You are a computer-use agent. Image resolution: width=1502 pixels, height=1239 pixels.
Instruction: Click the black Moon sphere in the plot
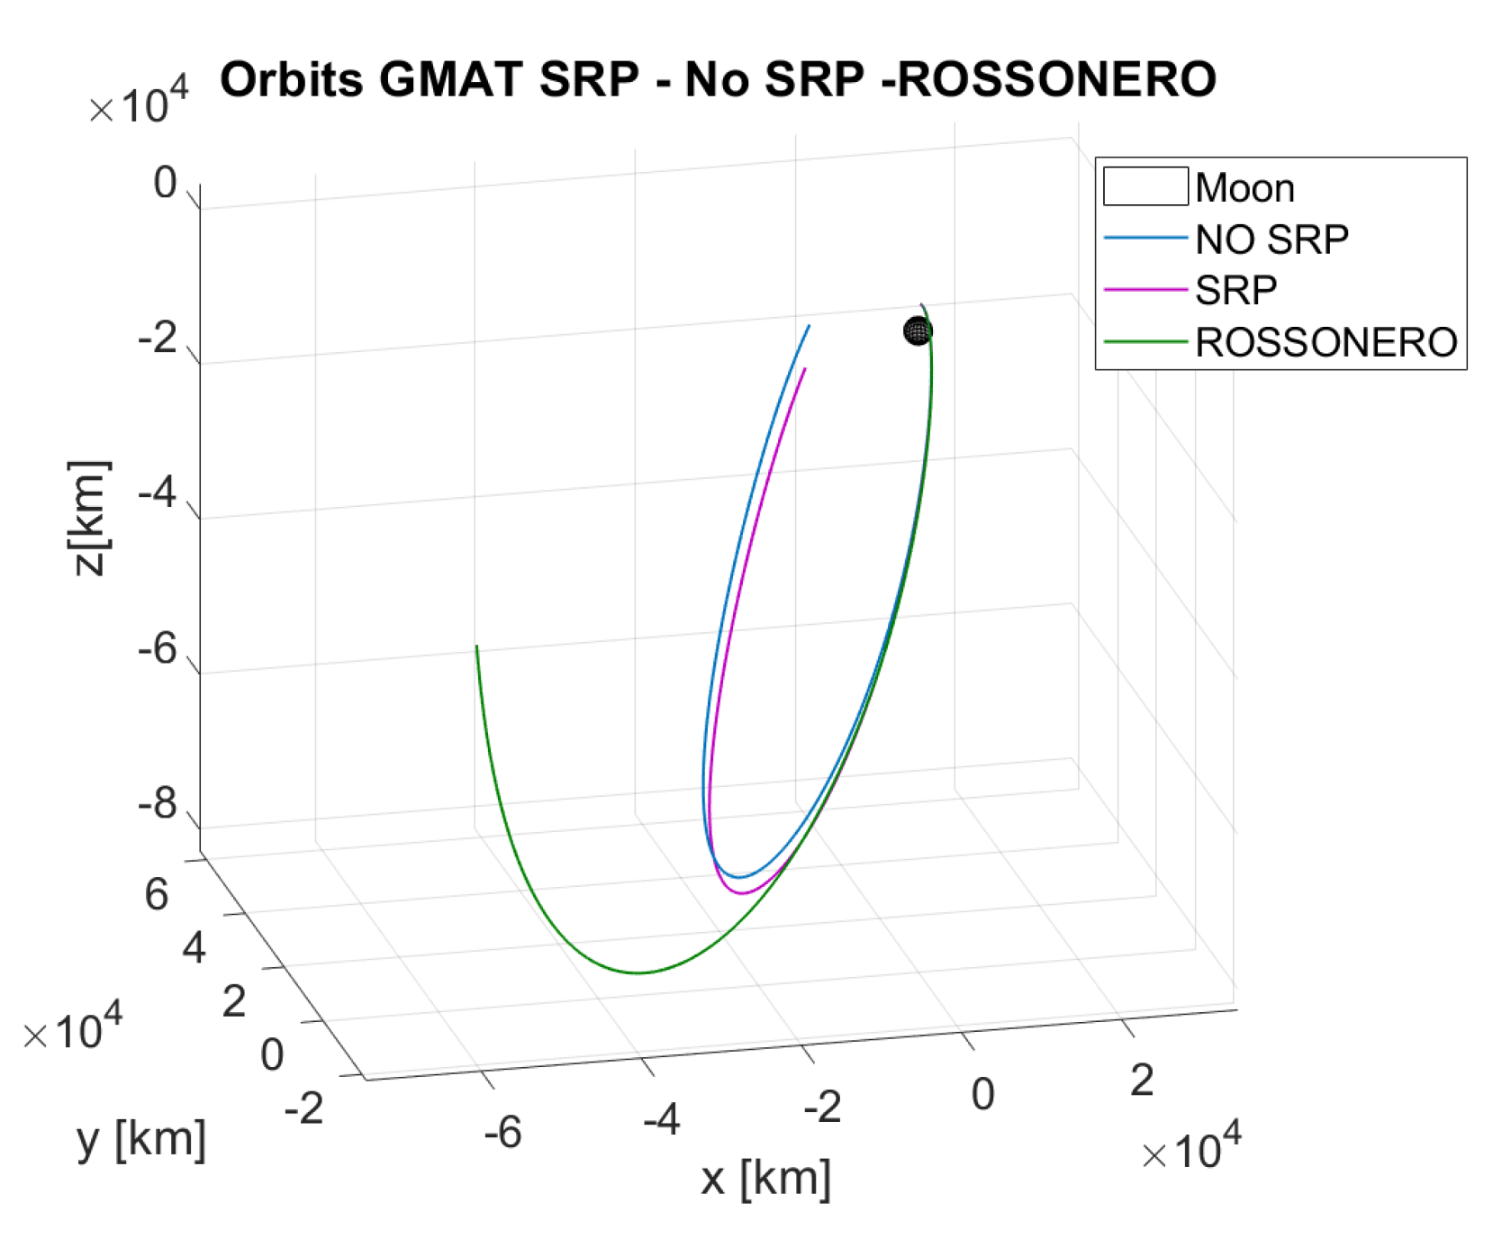point(917,331)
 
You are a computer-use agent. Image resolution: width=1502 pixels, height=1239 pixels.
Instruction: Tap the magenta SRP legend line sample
point(1145,290)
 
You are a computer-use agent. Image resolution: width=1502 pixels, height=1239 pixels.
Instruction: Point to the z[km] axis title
point(89,518)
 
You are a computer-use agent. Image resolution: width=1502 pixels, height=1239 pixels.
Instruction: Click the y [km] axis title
point(141,1139)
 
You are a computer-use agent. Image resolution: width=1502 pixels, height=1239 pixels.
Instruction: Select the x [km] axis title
point(765,1178)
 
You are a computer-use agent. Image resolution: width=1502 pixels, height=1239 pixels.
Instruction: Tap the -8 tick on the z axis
point(158,803)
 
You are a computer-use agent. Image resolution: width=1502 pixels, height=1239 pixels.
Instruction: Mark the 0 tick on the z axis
point(165,183)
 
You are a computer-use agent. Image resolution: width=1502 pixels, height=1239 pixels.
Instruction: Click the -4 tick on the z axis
point(158,493)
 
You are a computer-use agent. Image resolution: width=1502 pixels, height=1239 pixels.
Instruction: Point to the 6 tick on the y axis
point(157,895)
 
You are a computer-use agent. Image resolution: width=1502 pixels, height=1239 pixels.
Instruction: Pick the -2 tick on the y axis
point(303,1108)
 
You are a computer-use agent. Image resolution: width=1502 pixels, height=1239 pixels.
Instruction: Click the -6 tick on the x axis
point(502,1133)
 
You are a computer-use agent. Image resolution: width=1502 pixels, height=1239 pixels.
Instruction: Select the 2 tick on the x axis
point(1142,1081)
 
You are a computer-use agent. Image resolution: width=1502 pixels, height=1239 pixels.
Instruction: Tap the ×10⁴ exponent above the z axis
point(139,104)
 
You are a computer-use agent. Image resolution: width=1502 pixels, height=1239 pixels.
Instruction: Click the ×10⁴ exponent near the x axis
point(1190,1149)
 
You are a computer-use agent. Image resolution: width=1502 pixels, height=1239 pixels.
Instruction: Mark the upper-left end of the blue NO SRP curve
point(809,326)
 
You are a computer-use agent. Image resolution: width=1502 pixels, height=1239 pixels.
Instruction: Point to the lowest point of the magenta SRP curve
point(740,893)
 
